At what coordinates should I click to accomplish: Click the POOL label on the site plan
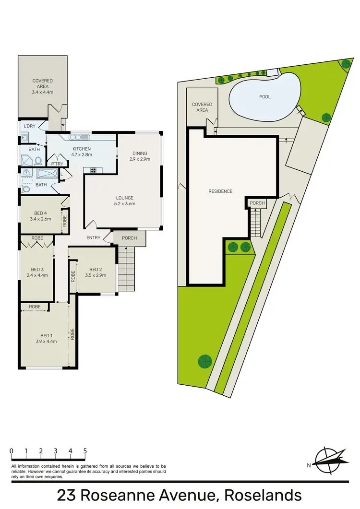pos(264,97)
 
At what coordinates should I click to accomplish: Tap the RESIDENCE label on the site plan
pos(220,191)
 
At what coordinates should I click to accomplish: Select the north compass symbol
pos(328,459)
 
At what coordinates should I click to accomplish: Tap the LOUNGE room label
pos(124,201)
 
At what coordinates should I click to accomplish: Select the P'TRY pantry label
pos(58,163)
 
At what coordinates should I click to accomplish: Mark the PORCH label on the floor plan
pos(129,238)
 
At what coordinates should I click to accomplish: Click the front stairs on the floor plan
pos(128,269)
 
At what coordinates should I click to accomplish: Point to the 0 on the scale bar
pos(11,451)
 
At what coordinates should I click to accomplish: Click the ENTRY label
pos(93,238)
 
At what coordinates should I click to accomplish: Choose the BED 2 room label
pos(95,272)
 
